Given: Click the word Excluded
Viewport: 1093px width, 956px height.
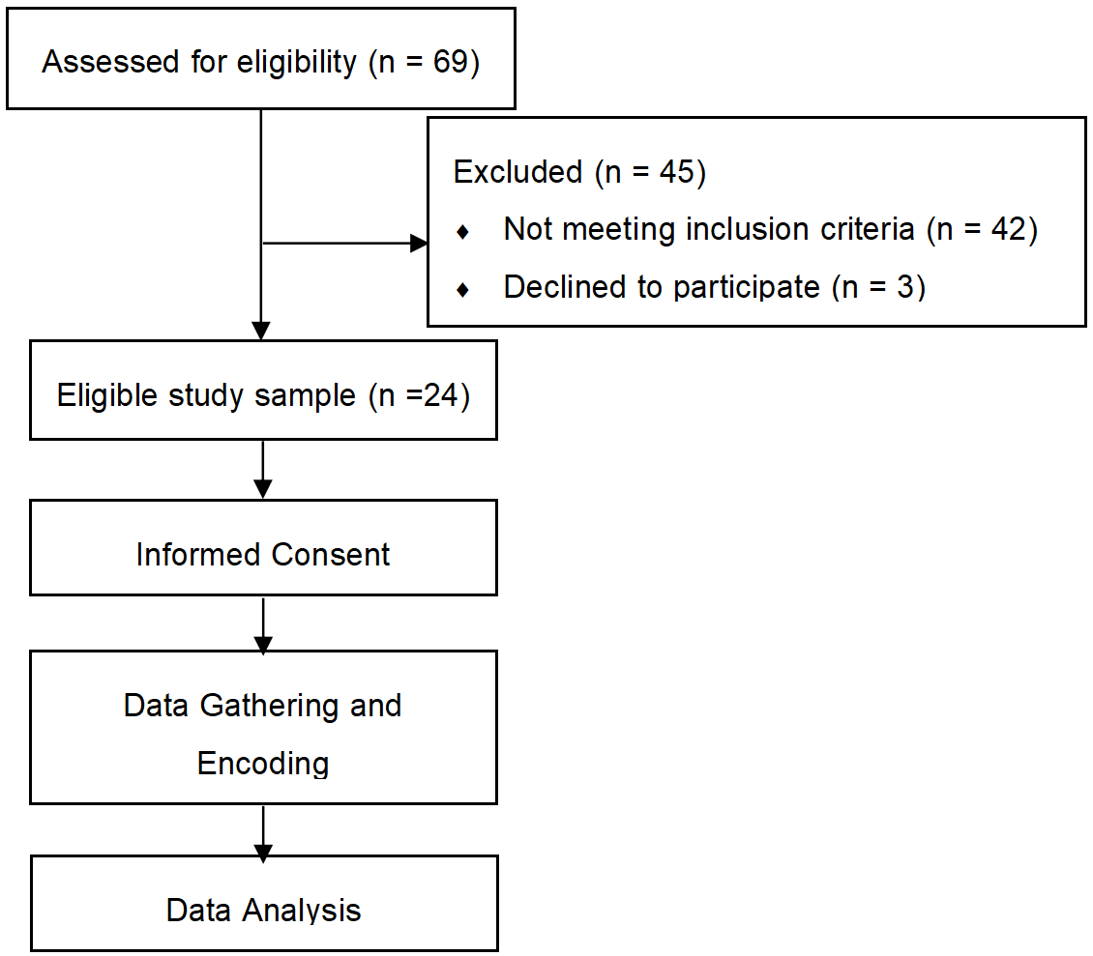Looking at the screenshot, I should click(517, 172).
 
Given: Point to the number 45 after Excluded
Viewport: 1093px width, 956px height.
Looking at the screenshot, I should click(677, 172).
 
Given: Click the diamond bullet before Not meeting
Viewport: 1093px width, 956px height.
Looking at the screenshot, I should click(462, 232).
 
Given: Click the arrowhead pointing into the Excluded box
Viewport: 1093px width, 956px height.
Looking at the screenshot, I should click(419, 244).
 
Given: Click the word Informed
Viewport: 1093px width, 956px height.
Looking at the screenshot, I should click(198, 555).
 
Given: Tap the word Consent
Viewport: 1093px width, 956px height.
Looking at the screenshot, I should click(331, 555).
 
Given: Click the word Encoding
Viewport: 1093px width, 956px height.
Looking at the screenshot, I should click(263, 764).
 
